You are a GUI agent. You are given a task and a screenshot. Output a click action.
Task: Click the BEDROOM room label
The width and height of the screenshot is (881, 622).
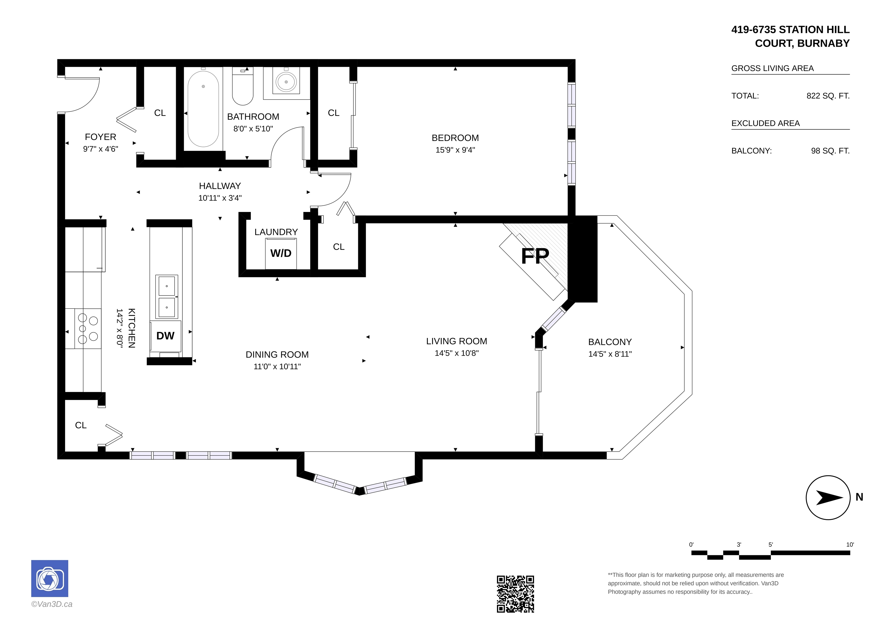tap(455, 138)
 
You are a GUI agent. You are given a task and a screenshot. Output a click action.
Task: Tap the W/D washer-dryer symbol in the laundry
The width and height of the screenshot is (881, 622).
tap(281, 253)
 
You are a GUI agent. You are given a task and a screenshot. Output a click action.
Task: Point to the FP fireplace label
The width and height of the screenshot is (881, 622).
tap(535, 256)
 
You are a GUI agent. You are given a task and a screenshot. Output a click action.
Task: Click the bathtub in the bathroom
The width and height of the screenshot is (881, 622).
tap(203, 109)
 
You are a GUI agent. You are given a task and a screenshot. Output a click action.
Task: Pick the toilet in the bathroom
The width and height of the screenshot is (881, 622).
tap(243, 86)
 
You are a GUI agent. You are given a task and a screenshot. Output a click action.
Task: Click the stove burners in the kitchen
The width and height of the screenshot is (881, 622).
tap(88, 328)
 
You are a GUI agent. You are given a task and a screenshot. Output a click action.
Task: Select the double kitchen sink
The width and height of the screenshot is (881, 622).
tap(167, 297)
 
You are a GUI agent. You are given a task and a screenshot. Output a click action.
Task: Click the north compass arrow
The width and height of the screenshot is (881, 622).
tap(829, 498)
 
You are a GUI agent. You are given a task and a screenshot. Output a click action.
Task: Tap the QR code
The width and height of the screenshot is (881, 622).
tap(515, 594)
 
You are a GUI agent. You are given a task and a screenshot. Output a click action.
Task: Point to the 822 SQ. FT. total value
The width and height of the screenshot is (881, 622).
tap(828, 96)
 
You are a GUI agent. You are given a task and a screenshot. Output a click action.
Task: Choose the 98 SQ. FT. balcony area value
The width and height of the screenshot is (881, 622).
tap(830, 151)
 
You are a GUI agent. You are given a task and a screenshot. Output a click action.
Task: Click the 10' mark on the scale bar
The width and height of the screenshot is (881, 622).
tap(850, 545)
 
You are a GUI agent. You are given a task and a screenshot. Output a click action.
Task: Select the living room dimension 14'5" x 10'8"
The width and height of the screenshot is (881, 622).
tap(457, 353)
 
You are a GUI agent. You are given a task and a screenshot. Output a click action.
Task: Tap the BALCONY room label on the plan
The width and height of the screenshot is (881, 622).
tap(610, 342)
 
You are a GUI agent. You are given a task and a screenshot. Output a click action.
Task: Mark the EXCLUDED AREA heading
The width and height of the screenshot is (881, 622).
tap(765, 123)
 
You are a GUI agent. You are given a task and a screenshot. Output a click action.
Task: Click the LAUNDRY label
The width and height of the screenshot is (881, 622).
tap(276, 232)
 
